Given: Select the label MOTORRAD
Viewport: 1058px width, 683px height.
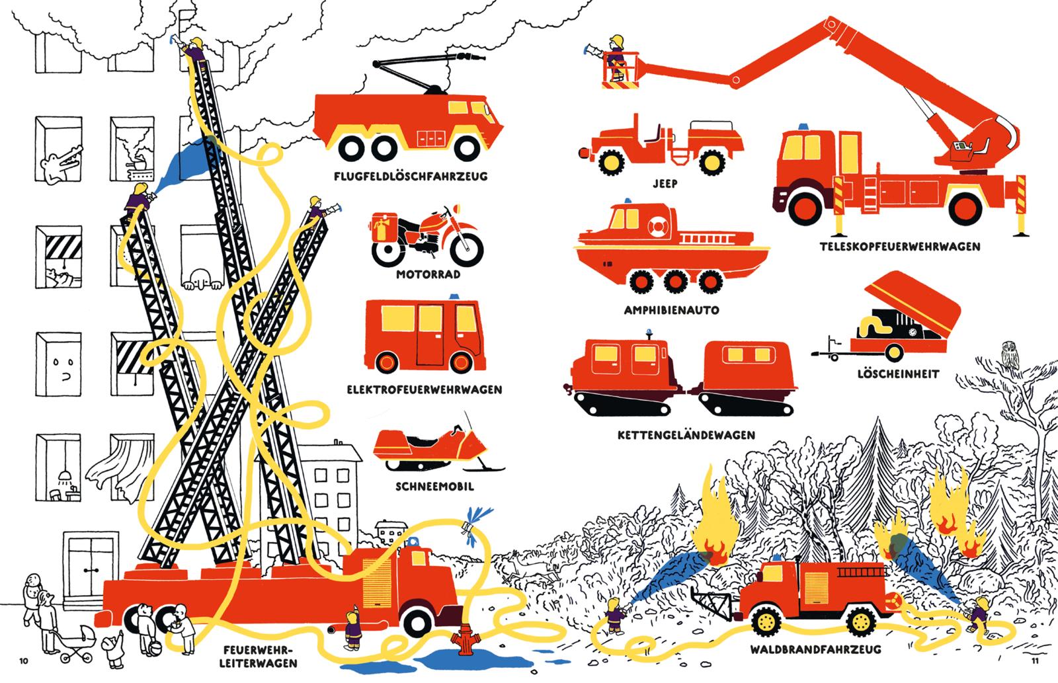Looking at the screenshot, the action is [428, 274].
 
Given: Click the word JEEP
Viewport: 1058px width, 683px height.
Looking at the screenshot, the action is [665, 183].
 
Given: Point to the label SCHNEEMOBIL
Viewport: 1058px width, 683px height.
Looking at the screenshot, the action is [434, 487].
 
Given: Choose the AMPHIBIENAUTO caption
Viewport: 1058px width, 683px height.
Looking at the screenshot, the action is [671, 310].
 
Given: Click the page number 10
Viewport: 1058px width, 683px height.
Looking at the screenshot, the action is [24, 661].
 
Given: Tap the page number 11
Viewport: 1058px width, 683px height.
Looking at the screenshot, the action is [1035, 661].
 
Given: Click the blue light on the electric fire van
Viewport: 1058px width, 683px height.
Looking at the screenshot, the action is [454, 297].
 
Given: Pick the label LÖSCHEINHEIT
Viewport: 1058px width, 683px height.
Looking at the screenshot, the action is [898, 374].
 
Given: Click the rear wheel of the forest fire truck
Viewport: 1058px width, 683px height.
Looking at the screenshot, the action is [861, 621].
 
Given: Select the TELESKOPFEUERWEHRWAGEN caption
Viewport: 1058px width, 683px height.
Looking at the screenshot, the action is [900, 247].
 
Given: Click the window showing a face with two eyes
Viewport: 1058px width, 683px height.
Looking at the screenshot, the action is [59, 364].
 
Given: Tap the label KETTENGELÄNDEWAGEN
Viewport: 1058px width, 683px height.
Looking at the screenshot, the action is [686, 435].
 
